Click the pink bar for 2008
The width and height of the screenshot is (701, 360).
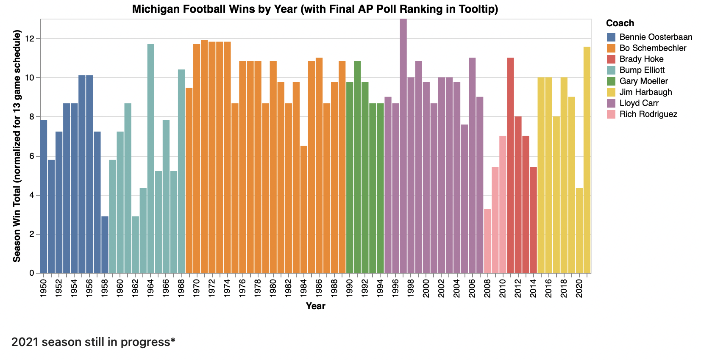click(487, 241)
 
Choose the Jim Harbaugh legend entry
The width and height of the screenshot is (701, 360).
click(645, 92)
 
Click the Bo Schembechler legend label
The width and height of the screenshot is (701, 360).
click(652, 48)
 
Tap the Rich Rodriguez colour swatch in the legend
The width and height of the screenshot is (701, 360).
click(611, 114)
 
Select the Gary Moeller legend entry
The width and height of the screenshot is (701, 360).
click(643, 81)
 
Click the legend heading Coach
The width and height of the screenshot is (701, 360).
click(620, 23)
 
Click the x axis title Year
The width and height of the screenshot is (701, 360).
click(315, 306)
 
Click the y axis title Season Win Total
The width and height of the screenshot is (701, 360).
click(17, 146)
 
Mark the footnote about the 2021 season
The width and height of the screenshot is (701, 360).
click(93, 342)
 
